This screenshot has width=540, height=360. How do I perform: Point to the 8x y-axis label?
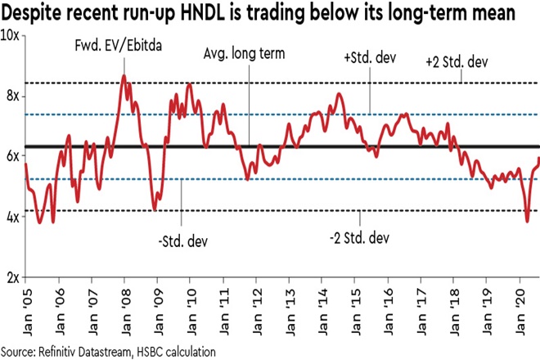(x=11, y=97)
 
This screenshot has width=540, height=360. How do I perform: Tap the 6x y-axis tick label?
(x=11, y=156)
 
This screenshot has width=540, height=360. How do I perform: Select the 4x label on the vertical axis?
(x=11, y=217)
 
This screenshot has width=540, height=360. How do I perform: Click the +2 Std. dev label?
(x=461, y=62)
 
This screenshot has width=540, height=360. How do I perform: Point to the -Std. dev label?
(x=181, y=241)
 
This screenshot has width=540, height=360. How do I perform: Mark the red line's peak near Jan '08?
(x=124, y=76)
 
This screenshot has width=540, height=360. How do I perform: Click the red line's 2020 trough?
(x=528, y=221)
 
